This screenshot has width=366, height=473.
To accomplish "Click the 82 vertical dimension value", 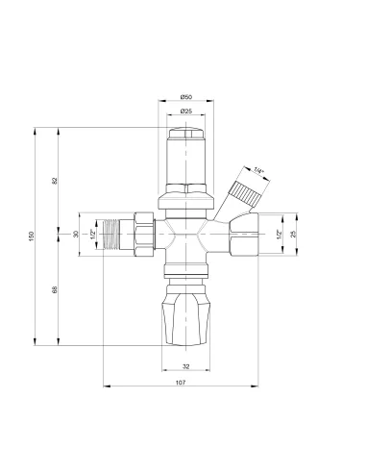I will (x=55, y=181).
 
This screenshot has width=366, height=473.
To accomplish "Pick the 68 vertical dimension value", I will (x=55, y=290).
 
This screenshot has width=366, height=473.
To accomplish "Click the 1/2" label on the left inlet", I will (x=93, y=235).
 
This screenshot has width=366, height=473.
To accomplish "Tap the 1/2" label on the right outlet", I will (x=280, y=235).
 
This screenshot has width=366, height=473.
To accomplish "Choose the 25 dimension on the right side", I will (x=293, y=235).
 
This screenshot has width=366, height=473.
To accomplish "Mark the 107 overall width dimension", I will (x=180, y=384).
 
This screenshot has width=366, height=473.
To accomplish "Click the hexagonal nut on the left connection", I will (x=143, y=235).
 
